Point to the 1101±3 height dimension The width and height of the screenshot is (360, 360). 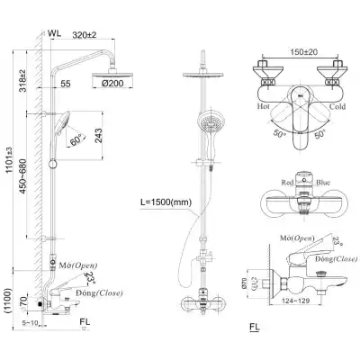[10, 157]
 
